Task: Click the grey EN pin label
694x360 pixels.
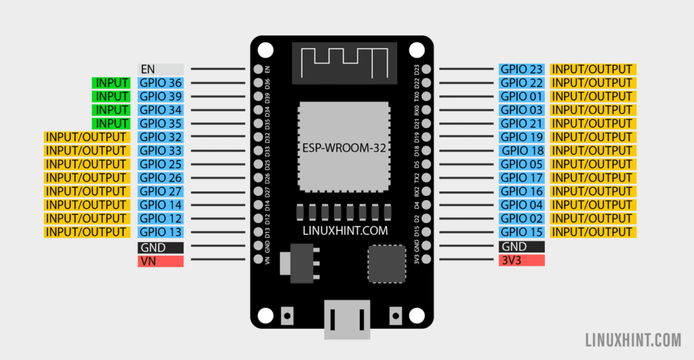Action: point(161,69)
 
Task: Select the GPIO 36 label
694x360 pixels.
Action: point(161,83)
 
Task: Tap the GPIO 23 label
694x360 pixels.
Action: point(522,69)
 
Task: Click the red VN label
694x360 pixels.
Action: point(161,261)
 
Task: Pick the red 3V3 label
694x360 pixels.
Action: point(522,260)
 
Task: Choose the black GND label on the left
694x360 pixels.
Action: point(161,247)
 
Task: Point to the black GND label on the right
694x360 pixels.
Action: point(522,247)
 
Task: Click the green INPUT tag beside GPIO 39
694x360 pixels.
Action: point(111,96)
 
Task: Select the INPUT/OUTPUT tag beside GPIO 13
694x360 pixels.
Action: point(87,232)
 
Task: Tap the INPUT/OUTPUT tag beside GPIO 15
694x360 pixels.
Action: point(593,232)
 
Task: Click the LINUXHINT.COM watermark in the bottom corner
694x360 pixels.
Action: point(632,338)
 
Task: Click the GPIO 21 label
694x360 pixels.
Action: point(522,123)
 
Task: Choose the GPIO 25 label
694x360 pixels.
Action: point(161,164)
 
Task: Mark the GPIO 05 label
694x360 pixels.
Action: point(522,164)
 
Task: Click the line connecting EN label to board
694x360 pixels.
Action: point(217,69)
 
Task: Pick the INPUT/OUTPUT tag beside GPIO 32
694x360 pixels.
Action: point(87,137)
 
